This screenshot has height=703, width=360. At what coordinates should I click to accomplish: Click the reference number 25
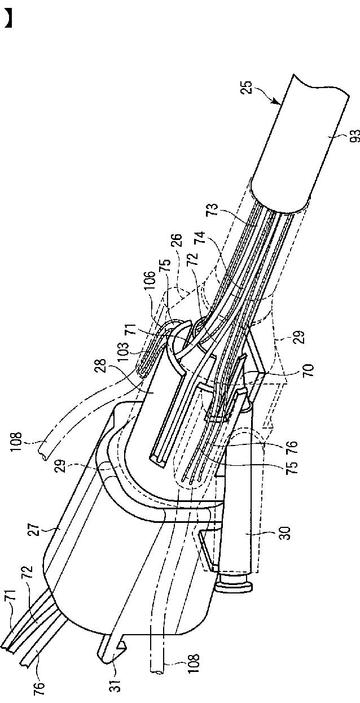[247, 88]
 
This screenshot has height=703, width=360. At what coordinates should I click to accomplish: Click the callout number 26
[176, 242]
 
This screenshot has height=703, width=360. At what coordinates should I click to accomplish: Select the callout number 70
[308, 370]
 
